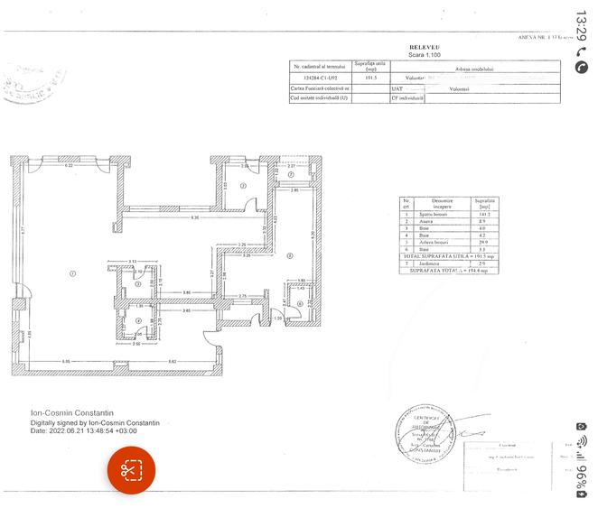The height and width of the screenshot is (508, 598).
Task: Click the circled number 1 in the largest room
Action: [x=72, y=273]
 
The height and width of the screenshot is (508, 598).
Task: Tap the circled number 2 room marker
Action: [x=243, y=186]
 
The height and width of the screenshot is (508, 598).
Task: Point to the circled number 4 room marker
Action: [x=138, y=319]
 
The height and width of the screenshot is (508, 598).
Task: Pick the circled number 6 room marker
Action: [x=299, y=304]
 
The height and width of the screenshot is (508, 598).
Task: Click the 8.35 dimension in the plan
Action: [x=194, y=217]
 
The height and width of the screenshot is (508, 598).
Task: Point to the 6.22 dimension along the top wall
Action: [x=68, y=166]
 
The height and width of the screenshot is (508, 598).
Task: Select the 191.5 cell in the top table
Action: [x=369, y=78]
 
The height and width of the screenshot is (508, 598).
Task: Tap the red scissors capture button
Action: [x=133, y=470]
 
